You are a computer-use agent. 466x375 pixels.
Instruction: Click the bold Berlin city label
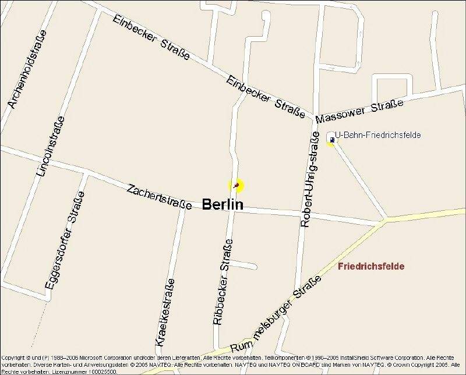223,204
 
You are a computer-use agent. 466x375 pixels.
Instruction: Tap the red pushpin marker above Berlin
236,185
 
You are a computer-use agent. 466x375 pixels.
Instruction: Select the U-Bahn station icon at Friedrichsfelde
331,140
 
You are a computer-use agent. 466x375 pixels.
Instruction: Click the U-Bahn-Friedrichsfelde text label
377,135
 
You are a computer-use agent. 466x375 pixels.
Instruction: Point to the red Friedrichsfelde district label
371,266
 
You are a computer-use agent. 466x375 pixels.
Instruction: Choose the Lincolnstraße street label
50,146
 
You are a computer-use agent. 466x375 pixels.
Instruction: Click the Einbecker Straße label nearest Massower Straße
266,97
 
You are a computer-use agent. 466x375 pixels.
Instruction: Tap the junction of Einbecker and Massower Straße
313,115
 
